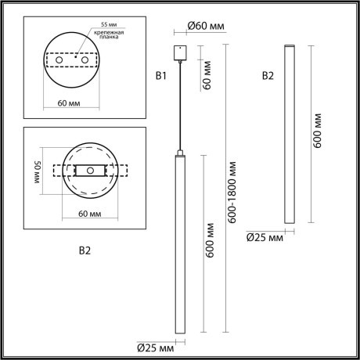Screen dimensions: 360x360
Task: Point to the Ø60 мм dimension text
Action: tap(205, 27)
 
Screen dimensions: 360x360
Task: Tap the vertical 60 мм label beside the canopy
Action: tap(208, 77)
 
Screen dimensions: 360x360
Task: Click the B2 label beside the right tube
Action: tap(268, 76)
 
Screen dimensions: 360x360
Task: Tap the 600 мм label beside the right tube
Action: tap(318, 129)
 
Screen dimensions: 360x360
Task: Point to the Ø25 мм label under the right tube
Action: tap(265, 237)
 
